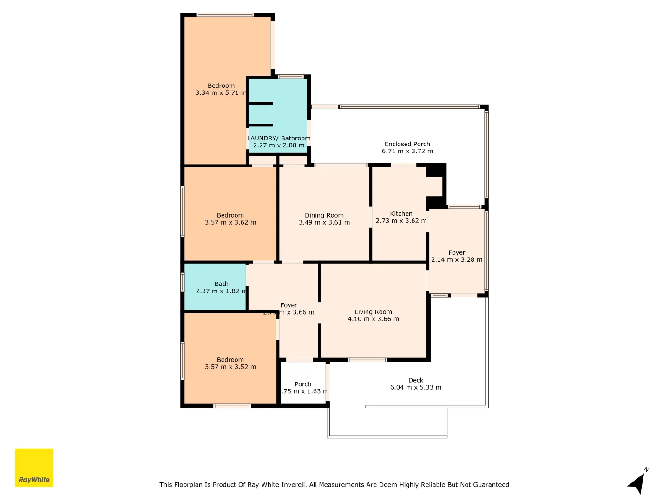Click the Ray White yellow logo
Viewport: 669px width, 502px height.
(34, 468)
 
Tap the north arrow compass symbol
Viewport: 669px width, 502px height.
(637, 482)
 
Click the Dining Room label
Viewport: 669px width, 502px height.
(324, 215)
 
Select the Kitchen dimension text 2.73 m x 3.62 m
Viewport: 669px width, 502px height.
(401, 221)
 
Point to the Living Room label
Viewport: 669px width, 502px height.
(373, 312)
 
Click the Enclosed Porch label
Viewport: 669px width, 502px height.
(407, 144)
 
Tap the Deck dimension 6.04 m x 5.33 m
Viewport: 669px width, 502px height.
(415, 387)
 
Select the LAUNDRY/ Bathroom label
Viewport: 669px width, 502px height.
(279, 138)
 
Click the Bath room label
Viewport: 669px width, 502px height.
(222, 284)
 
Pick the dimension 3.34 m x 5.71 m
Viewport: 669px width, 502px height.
(221, 93)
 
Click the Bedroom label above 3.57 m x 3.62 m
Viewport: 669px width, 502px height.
(230, 215)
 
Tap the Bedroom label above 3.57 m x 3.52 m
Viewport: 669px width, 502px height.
(230, 360)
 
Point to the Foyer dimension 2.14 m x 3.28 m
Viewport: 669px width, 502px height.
(457, 260)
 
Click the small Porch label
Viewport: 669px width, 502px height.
(303, 384)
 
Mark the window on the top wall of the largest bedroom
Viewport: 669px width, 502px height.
(225, 15)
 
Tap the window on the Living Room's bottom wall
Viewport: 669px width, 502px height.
(367, 360)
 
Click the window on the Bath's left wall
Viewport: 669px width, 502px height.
(183, 282)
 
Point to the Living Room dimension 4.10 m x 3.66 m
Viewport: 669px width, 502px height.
(373, 319)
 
